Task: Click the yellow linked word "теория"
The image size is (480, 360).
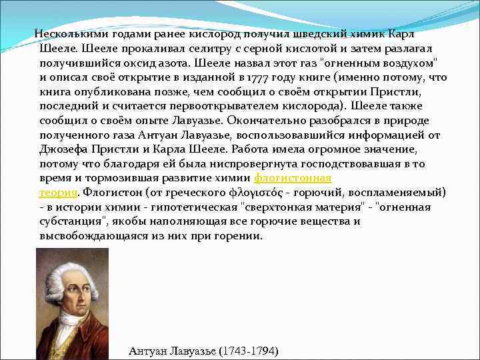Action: click(x=59, y=193)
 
